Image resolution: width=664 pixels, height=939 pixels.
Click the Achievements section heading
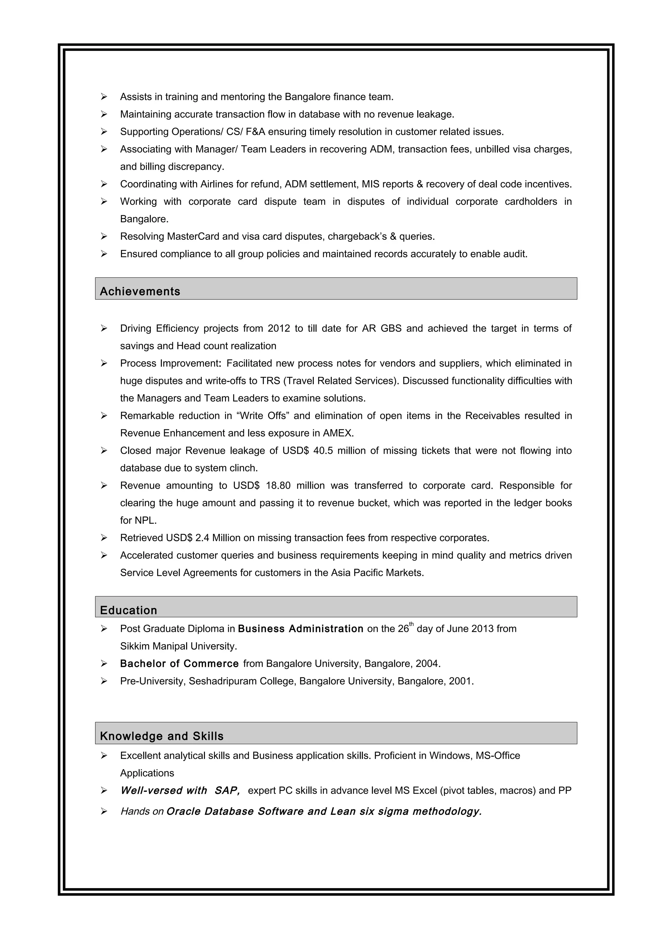[x=140, y=291]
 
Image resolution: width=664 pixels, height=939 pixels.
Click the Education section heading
[x=128, y=610]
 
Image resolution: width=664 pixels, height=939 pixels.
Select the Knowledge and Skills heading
[x=161, y=736]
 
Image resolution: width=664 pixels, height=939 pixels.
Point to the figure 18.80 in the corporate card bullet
[x=278, y=485]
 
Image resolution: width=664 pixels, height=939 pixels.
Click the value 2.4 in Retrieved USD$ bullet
[x=202, y=538]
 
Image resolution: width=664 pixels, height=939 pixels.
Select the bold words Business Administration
[x=300, y=629]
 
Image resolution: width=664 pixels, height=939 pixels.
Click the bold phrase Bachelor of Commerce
[x=179, y=663]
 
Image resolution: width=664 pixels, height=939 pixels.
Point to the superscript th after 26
[x=411, y=624]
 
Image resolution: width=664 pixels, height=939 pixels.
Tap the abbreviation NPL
[x=145, y=520]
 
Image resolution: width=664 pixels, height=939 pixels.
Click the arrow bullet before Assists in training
[x=104, y=97]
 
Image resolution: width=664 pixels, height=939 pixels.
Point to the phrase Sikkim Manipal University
[x=178, y=646]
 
